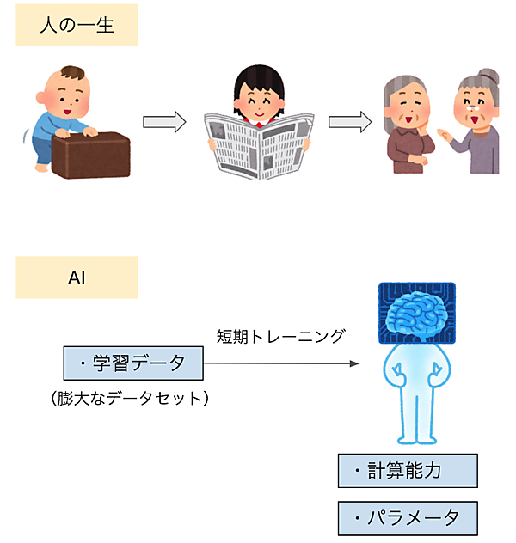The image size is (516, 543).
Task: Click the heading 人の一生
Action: (x=77, y=27)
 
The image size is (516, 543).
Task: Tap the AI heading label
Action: (x=77, y=278)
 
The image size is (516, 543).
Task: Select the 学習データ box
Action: (x=132, y=363)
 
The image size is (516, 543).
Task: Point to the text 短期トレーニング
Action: (x=280, y=336)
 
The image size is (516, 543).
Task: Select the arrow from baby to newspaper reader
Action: (x=164, y=123)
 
